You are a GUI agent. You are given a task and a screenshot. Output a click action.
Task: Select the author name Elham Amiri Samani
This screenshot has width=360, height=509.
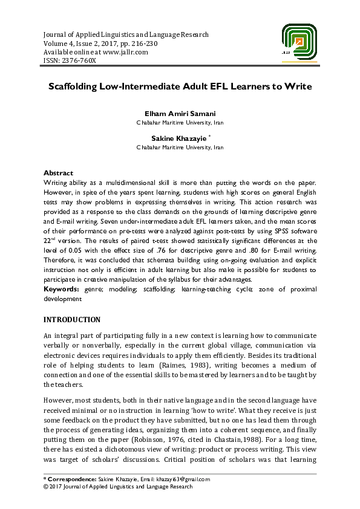[x=180, y=114]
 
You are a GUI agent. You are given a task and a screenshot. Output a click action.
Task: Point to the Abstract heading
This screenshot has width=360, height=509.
[x=59, y=173]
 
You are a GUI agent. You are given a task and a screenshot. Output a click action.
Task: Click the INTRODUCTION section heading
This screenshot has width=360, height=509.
[x=72, y=319]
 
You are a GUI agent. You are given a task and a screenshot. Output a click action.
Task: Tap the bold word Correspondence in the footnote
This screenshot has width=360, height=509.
[x=71, y=479]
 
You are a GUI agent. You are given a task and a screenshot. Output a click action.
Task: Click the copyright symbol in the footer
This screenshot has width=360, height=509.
[x=46, y=486]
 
